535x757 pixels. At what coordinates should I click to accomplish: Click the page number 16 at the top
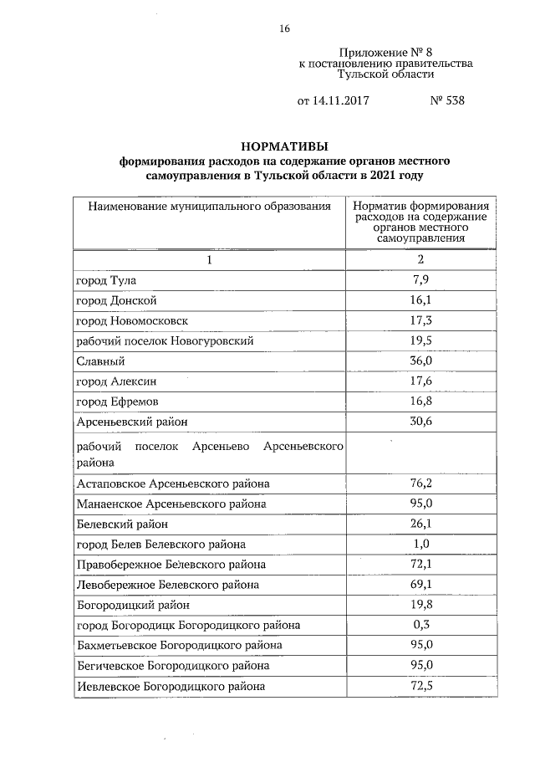(284, 29)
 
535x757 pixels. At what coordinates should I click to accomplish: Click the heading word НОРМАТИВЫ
(283, 143)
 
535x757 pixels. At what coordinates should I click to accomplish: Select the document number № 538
(446, 101)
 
